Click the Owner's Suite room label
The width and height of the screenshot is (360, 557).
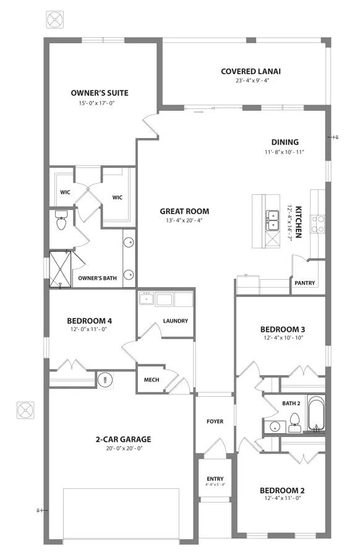(x=100, y=93)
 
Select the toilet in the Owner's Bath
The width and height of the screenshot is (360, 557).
(x=61, y=220)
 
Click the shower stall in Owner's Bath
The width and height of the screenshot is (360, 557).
(x=60, y=269)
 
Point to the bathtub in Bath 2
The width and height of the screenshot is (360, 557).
(x=316, y=413)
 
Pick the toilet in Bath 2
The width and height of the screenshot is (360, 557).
(x=294, y=423)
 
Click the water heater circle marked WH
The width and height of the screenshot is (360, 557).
(x=105, y=380)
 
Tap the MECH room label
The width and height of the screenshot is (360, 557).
(x=152, y=380)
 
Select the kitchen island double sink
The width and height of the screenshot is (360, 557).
(x=273, y=220)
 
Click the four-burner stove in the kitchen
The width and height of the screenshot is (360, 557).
(x=317, y=224)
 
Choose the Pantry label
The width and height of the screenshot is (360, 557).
(x=304, y=283)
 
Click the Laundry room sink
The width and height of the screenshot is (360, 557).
(x=146, y=298)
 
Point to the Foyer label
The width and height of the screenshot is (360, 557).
(x=215, y=421)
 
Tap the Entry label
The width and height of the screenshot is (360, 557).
(x=215, y=478)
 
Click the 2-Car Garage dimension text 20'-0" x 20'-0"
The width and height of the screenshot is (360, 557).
(x=124, y=448)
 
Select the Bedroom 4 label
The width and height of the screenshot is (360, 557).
(x=90, y=321)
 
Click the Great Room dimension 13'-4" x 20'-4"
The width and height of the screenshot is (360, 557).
(x=184, y=220)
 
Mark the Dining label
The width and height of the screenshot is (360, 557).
(x=285, y=142)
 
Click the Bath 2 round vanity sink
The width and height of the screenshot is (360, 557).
(x=275, y=426)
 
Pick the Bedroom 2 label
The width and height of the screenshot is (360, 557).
(x=282, y=491)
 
